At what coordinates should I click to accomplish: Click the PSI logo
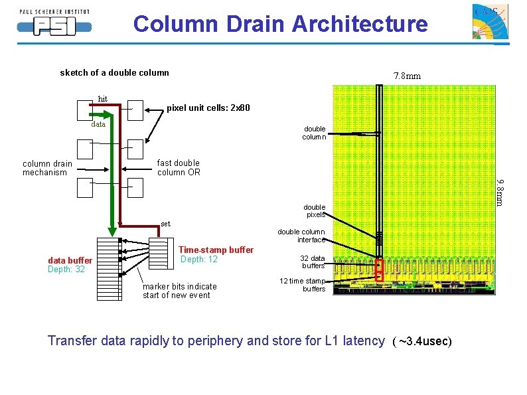coord(54,23)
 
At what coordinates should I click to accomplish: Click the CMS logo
coord(490,21)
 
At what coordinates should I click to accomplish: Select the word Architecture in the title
coord(360,24)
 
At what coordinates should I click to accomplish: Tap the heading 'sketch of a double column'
coord(114,72)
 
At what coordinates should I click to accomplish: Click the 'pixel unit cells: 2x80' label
coord(208,108)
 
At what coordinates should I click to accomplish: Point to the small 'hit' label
coord(102,99)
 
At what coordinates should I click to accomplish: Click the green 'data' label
coord(98,124)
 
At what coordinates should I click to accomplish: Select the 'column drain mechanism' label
coord(47,168)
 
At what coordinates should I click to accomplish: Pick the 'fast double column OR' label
coord(179,167)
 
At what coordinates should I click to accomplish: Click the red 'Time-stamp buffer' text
coord(216,250)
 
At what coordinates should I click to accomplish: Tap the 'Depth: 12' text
coord(199,259)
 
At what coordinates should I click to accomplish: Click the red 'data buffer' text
coord(70,260)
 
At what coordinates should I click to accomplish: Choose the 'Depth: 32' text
coord(66,270)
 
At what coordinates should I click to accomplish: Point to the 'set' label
coord(165,224)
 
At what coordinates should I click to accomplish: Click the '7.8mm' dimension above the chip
coord(407,76)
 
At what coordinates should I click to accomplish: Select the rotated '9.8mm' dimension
coord(500,193)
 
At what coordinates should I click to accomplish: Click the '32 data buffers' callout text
coord(313,262)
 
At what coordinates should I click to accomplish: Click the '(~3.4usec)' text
coord(422,341)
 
